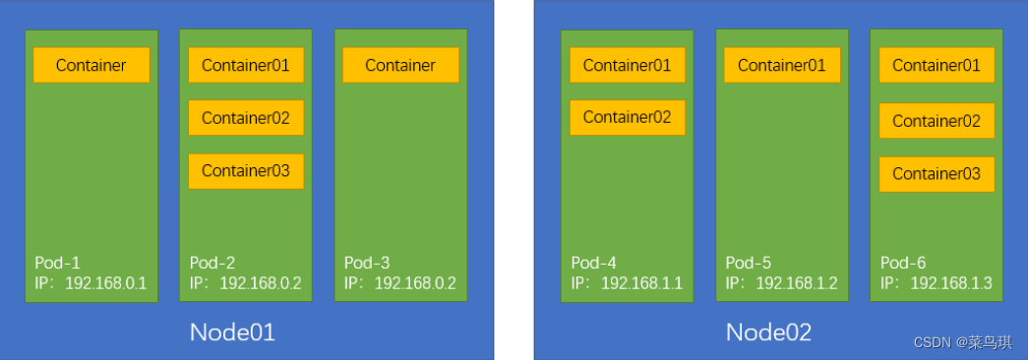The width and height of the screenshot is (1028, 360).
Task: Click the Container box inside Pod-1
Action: click(91, 65)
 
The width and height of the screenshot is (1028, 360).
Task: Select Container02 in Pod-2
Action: click(246, 118)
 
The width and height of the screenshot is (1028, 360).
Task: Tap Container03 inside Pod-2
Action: click(246, 171)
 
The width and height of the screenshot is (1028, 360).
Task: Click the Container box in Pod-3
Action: click(400, 65)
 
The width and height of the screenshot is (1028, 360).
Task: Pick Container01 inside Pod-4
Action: click(627, 65)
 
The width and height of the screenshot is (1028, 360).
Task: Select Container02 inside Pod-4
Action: click(627, 117)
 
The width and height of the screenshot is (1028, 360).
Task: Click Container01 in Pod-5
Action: click(782, 65)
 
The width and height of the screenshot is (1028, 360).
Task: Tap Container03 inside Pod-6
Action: click(937, 173)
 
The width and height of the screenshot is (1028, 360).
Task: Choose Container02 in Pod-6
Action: click(937, 121)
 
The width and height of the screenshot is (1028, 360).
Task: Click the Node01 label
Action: click(232, 332)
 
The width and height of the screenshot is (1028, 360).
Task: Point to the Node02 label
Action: click(768, 332)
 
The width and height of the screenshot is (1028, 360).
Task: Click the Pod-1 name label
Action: click(57, 264)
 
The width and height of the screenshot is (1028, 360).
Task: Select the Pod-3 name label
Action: click(367, 264)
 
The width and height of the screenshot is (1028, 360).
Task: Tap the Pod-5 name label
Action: click(749, 264)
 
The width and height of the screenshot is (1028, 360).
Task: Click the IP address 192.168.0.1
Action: click(105, 283)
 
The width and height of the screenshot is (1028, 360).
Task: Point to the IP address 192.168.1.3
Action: click(950, 283)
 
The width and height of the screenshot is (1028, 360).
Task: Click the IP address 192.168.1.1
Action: click(641, 283)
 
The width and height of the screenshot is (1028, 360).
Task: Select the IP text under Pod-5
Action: click(782, 283)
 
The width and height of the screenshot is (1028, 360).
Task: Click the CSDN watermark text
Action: click(962, 342)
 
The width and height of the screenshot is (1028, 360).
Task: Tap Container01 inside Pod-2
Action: click(246, 65)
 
